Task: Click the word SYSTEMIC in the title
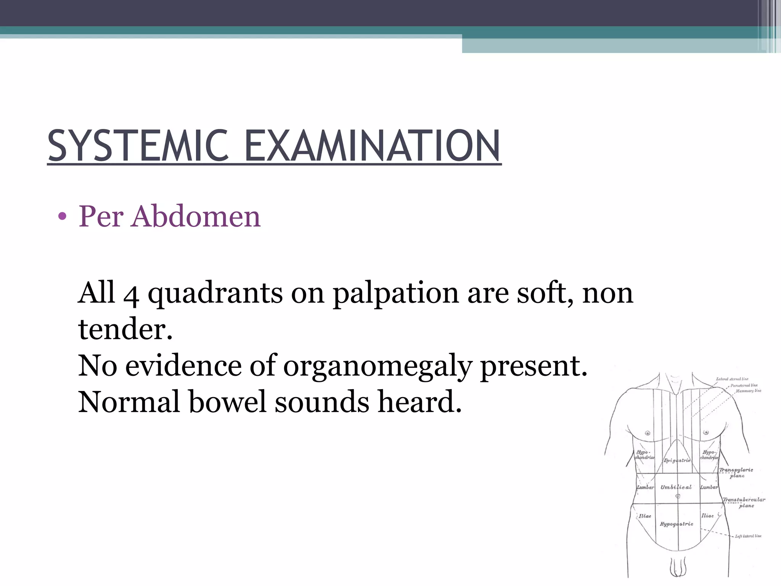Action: click(138, 146)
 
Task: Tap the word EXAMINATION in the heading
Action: click(372, 146)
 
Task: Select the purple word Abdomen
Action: click(196, 216)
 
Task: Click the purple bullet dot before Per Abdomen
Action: click(62, 217)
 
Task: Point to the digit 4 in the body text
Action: click(131, 294)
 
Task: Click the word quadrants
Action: click(215, 294)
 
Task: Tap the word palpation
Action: click(395, 294)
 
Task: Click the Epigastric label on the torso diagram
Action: click(677, 460)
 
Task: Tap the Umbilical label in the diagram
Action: click(676, 487)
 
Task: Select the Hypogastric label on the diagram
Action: click(677, 524)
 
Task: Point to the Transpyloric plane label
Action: click(736, 473)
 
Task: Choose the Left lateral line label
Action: click(748, 536)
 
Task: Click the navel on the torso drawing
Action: click(678, 496)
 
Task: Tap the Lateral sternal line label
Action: click(732, 379)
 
